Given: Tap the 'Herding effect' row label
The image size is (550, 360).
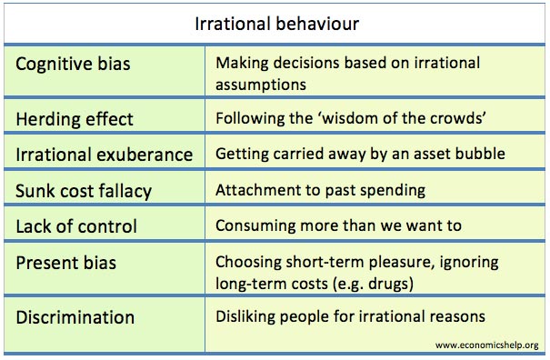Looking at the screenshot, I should (75, 119).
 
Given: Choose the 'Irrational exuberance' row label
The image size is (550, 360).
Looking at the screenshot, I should (105, 155).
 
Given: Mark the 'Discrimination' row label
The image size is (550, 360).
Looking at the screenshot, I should (75, 317).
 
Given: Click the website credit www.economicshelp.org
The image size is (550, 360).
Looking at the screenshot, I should (486, 345).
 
